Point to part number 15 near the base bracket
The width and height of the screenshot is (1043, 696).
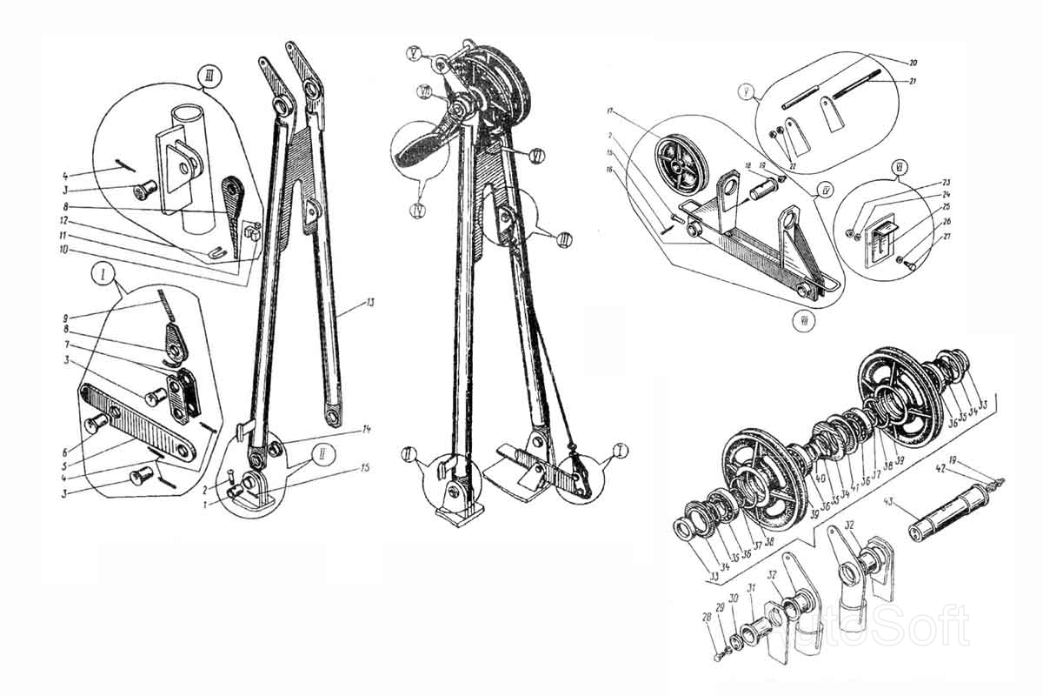pyautogui.click(x=366, y=469)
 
